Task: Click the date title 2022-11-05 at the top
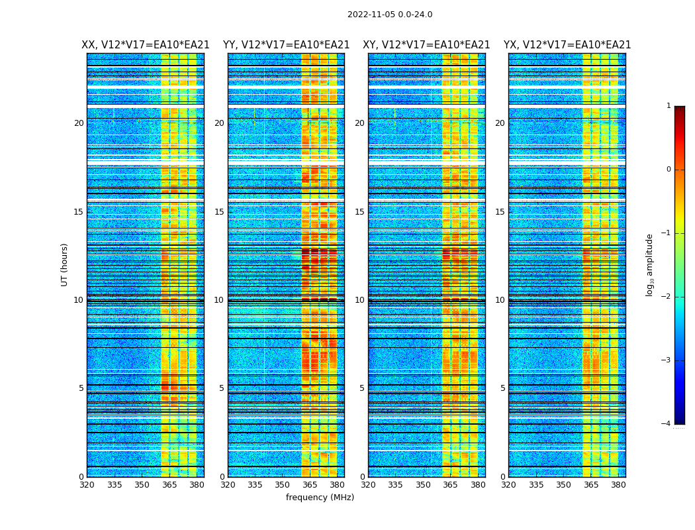click(x=389, y=15)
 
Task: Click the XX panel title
click(x=146, y=45)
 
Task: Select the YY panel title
click(x=286, y=45)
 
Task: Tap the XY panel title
click(x=426, y=45)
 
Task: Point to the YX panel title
click(x=567, y=45)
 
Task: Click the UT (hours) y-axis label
click(x=65, y=264)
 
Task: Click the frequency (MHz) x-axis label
click(x=320, y=498)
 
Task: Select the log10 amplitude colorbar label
click(x=650, y=264)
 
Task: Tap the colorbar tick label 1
click(x=669, y=106)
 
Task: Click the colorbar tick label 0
click(x=669, y=170)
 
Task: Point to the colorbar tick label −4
click(x=667, y=424)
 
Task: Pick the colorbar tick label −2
click(x=667, y=297)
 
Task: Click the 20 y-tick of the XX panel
click(x=79, y=123)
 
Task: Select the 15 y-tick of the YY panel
click(x=219, y=212)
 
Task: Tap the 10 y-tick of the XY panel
click(x=359, y=300)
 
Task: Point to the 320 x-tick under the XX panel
click(x=87, y=485)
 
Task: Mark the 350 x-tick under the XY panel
click(x=423, y=485)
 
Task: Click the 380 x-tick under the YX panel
click(x=618, y=485)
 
